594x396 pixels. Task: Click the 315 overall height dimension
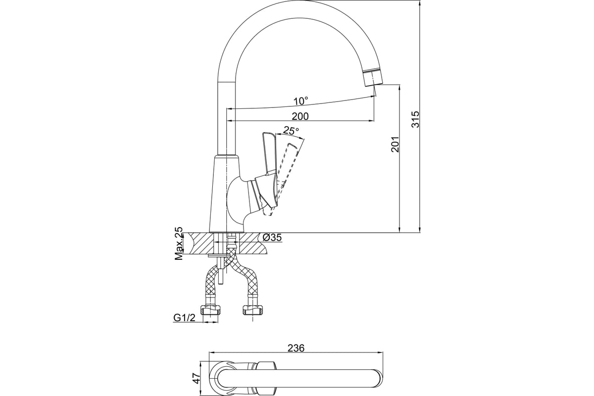[x=415, y=119]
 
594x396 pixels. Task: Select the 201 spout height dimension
[x=395, y=144]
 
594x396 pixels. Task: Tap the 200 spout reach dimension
[x=300, y=116]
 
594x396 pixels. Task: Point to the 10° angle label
[x=301, y=101]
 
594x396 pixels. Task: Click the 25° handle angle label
[x=291, y=131]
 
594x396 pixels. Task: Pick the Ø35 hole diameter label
[x=272, y=238]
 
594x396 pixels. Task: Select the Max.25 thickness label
[x=179, y=243]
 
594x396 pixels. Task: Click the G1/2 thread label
[x=184, y=317]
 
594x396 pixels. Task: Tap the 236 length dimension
[x=296, y=348]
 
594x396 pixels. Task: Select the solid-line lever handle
[x=268, y=170]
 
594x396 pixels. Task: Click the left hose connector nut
[x=210, y=310]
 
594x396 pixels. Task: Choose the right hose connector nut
[x=253, y=310]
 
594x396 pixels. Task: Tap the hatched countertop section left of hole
[x=201, y=244]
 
